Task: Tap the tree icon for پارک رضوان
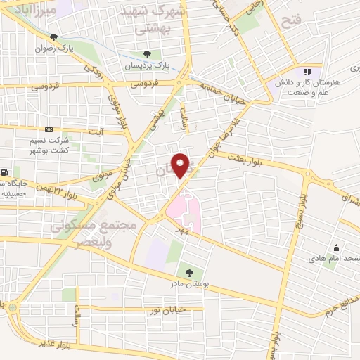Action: point(53,37)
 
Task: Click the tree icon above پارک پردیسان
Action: point(146,54)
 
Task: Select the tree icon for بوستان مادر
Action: point(188,272)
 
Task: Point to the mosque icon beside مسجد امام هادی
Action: point(337,247)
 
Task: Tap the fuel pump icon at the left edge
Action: point(5,172)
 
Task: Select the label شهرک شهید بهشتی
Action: point(152,20)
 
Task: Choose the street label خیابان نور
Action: point(168,309)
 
